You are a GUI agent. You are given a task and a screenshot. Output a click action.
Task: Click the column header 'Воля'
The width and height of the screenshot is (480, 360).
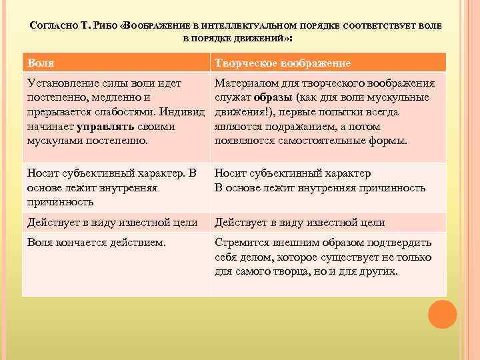click(x=41, y=63)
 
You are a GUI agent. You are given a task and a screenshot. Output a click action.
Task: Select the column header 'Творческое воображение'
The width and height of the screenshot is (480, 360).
click(x=283, y=63)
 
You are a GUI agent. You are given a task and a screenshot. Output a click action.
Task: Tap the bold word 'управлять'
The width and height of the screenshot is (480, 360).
click(x=107, y=126)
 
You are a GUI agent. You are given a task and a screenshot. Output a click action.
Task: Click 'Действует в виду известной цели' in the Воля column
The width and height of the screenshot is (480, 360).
click(x=112, y=223)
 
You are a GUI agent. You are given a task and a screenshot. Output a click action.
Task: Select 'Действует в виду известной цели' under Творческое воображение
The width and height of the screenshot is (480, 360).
click(x=299, y=223)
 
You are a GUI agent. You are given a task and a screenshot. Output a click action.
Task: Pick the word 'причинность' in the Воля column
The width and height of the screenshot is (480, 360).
click(x=60, y=202)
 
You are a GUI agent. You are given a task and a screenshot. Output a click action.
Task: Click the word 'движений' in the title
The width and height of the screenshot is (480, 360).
click(x=262, y=39)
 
